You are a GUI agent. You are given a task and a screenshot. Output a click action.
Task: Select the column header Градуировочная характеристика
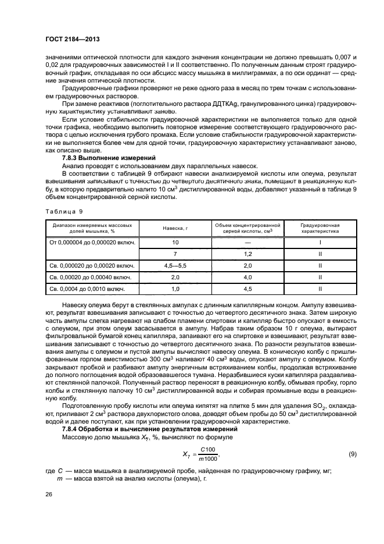[320, 227]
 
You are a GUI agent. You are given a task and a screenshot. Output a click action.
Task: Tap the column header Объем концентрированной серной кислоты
[247, 227]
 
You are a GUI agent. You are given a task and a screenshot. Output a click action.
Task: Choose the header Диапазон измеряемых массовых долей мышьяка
[92, 227]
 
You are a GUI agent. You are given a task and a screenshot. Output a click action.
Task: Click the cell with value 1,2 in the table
[247, 254]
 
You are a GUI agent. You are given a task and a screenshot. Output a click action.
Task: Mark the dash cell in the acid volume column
[247, 241]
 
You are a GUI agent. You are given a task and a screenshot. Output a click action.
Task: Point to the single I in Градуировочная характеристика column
[320, 241]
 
